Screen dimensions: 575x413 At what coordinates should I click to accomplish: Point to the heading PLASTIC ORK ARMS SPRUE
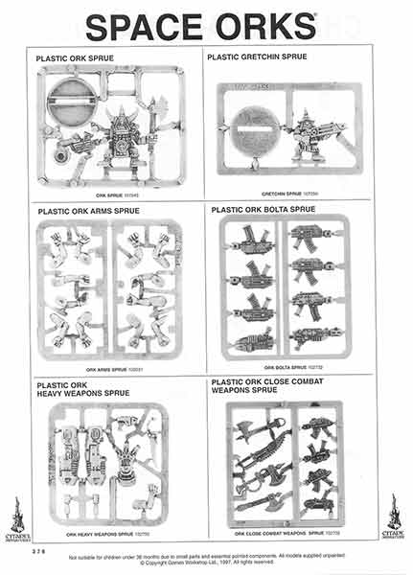tap(91, 210)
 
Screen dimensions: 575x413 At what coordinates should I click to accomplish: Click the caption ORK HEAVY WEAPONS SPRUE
tap(108, 534)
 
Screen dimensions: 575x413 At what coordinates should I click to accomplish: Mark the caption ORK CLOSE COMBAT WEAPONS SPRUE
tap(286, 534)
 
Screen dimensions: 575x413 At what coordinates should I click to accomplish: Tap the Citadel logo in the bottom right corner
tap(393, 517)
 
